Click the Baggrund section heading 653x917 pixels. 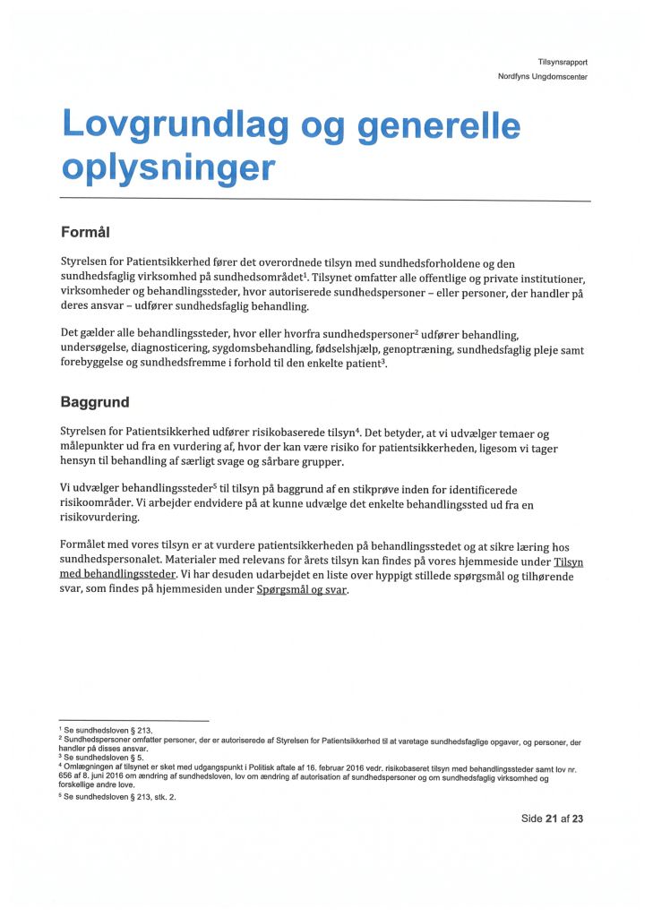[95, 403]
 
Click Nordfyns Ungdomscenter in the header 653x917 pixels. [542, 76]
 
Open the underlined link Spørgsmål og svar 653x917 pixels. [302, 591]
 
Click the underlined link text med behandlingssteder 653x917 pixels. [117, 576]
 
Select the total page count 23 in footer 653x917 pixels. [578, 818]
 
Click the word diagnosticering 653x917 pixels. [183, 350]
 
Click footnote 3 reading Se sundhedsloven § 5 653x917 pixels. [100, 758]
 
